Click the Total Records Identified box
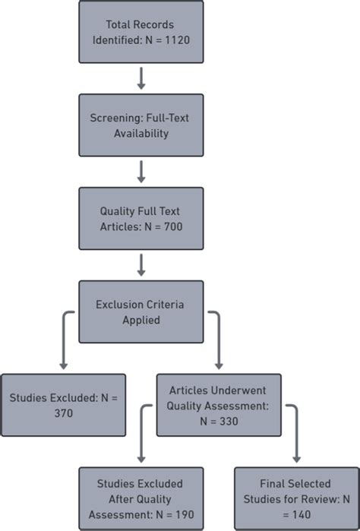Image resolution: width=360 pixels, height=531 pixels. pos(141,31)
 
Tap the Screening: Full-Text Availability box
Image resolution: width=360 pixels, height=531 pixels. pos(141,125)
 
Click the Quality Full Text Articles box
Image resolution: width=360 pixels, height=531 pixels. pos(141,218)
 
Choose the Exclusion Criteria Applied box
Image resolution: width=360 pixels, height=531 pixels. pos(141,311)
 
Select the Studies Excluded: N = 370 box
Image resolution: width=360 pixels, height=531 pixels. pos(63,405)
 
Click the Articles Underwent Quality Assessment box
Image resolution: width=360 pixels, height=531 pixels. pos(218,405)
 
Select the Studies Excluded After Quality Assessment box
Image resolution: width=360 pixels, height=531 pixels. pos(141,498)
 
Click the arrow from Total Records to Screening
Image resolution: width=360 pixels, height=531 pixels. pos(141,78)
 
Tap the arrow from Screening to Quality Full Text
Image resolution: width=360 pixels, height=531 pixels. pos(141,172)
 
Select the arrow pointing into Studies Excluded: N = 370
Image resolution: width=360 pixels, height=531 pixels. pos(63,349)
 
